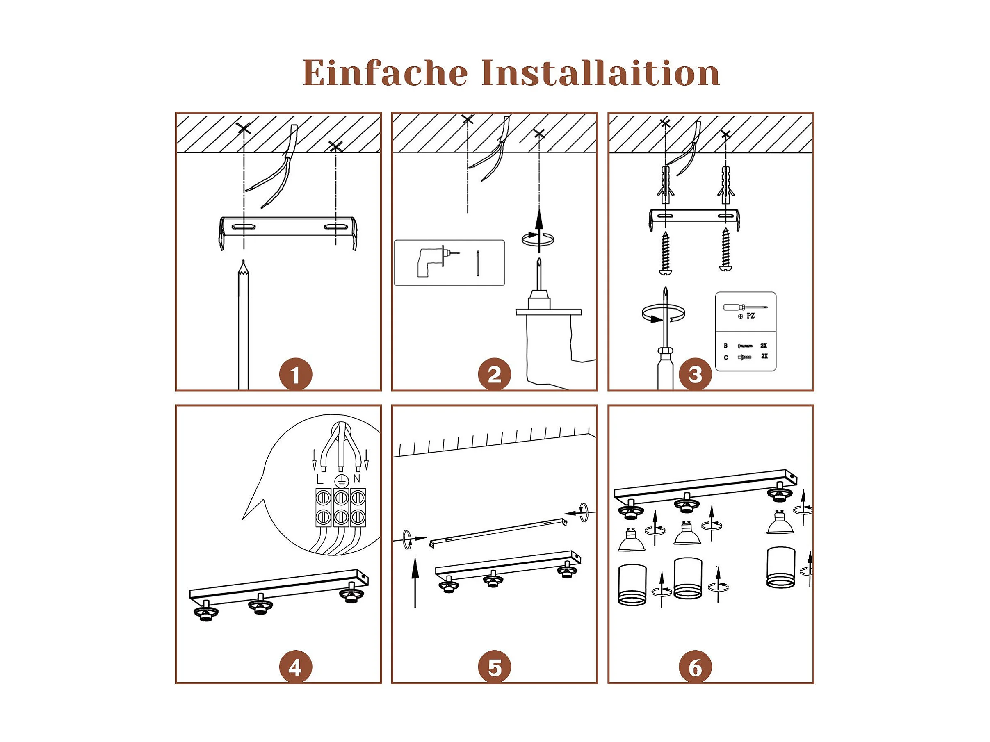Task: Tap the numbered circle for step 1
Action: [x=295, y=374]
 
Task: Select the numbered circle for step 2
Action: [x=494, y=374]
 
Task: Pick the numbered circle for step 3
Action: [x=695, y=374]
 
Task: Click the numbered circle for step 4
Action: [x=295, y=667]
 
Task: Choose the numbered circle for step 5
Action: [x=494, y=667]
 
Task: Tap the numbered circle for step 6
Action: [x=695, y=667]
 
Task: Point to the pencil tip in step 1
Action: [x=243, y=261]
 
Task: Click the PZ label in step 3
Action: [x=750, y=316]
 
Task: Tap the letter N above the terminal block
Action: [x=357, y=478]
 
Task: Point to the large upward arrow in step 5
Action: [x=415, y=582]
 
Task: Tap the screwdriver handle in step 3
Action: [x=665, y=369]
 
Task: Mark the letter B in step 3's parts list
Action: [x=725, y=346]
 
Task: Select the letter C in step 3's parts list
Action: [x=725, y=357]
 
